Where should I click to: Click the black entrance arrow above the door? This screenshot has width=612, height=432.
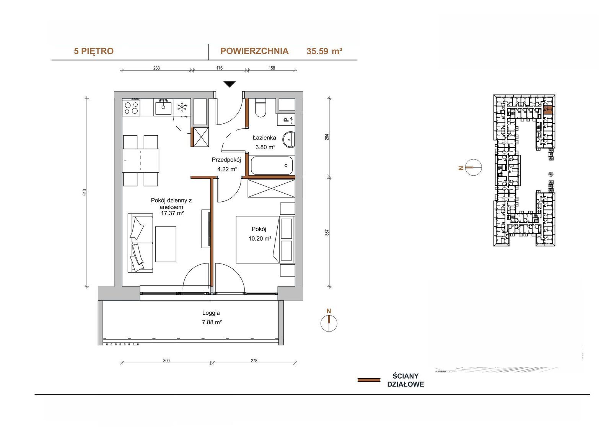pos(229,84)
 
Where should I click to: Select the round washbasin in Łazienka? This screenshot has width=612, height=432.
pos(289,139)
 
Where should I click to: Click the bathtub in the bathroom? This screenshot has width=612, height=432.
pos(272,165)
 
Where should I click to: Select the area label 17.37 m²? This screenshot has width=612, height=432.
pos(172,213)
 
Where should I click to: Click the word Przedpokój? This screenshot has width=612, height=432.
pos(226,160)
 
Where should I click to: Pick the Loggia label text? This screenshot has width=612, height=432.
pos(211,313)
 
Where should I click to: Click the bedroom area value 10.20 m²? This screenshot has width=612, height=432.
pos(260,238)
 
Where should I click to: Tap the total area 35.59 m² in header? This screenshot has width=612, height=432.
pos(324,51)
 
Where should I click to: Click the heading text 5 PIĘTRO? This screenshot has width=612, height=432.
pos(94,51)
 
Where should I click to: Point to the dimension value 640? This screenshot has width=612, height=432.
pos(85,192)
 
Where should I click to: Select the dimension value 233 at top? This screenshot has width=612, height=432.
pos(156,68)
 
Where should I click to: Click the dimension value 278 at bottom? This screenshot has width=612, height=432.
pos(254,361)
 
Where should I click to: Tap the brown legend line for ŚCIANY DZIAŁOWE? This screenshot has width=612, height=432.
pos(369,380)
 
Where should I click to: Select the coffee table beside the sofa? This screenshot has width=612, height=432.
pos(166,244)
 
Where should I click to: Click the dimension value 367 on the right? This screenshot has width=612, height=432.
pos(327,232)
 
